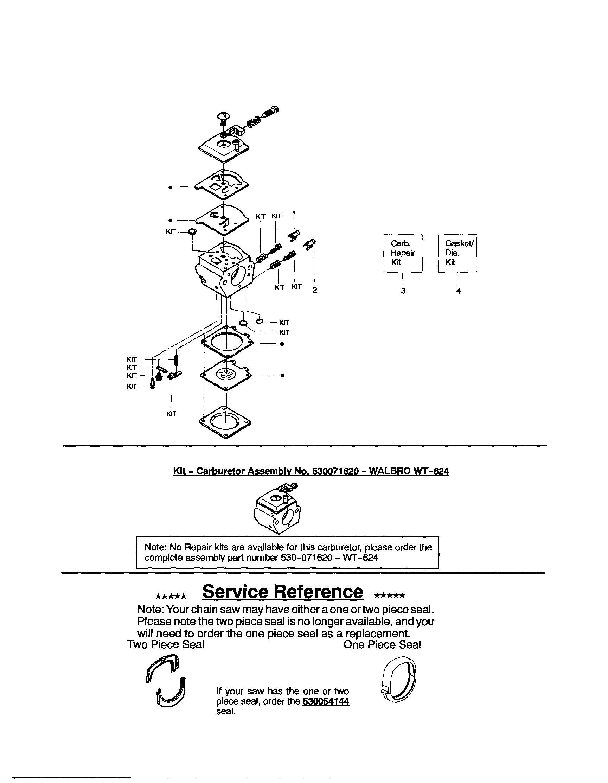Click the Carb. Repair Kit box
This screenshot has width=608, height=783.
pyautogui.click(x=403, y=253)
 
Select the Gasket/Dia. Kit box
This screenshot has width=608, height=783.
pyautogui.click(x=457, y=253)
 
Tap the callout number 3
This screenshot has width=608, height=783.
pyautogui.click(x=403, y=291)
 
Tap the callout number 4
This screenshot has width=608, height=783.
pyautogui.click(x=459, y=291)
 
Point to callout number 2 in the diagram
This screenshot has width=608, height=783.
pyautogui.click(x=314, y=290)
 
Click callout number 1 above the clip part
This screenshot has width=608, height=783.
pyautogui.click(x=294, y=214)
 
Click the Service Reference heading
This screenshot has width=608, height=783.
pyautogui.click(x=282, y=592)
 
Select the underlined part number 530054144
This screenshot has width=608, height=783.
pyautogui.click(x=326, y=702)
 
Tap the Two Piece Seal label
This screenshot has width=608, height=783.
pyautogui.click(x=166, y=645)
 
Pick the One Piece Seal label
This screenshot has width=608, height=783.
pyautogui.click(x=382, y=645)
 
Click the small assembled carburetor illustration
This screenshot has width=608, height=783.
pyautogui.click(x=277, y=508)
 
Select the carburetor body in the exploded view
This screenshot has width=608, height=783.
pyautogui.click(x=224, y=269)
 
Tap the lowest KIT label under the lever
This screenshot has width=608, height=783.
pyautogui.click(x=171, y=414)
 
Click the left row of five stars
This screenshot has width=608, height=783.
pyautogui.click(x=171, y=597)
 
